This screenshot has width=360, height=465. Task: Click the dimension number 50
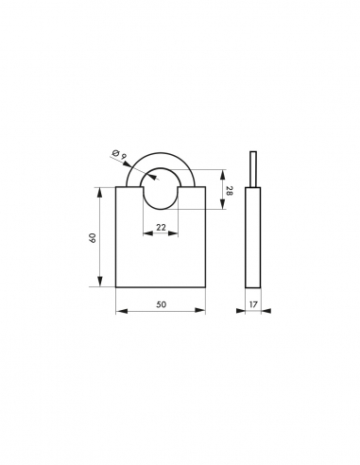click(161, 304)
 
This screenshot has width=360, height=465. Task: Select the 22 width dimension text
click(161, 227)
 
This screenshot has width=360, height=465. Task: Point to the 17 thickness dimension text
click(253, 304)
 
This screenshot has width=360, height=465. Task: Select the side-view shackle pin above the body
click(253, 168)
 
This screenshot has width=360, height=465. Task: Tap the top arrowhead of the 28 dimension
click(222, 172)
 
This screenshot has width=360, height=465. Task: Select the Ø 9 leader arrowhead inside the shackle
click(145, 173)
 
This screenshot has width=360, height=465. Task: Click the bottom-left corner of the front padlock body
click(116, 287)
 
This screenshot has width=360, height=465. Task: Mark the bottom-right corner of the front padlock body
click(205, 287)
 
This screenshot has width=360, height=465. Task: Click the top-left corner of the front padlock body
click(116, 187)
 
